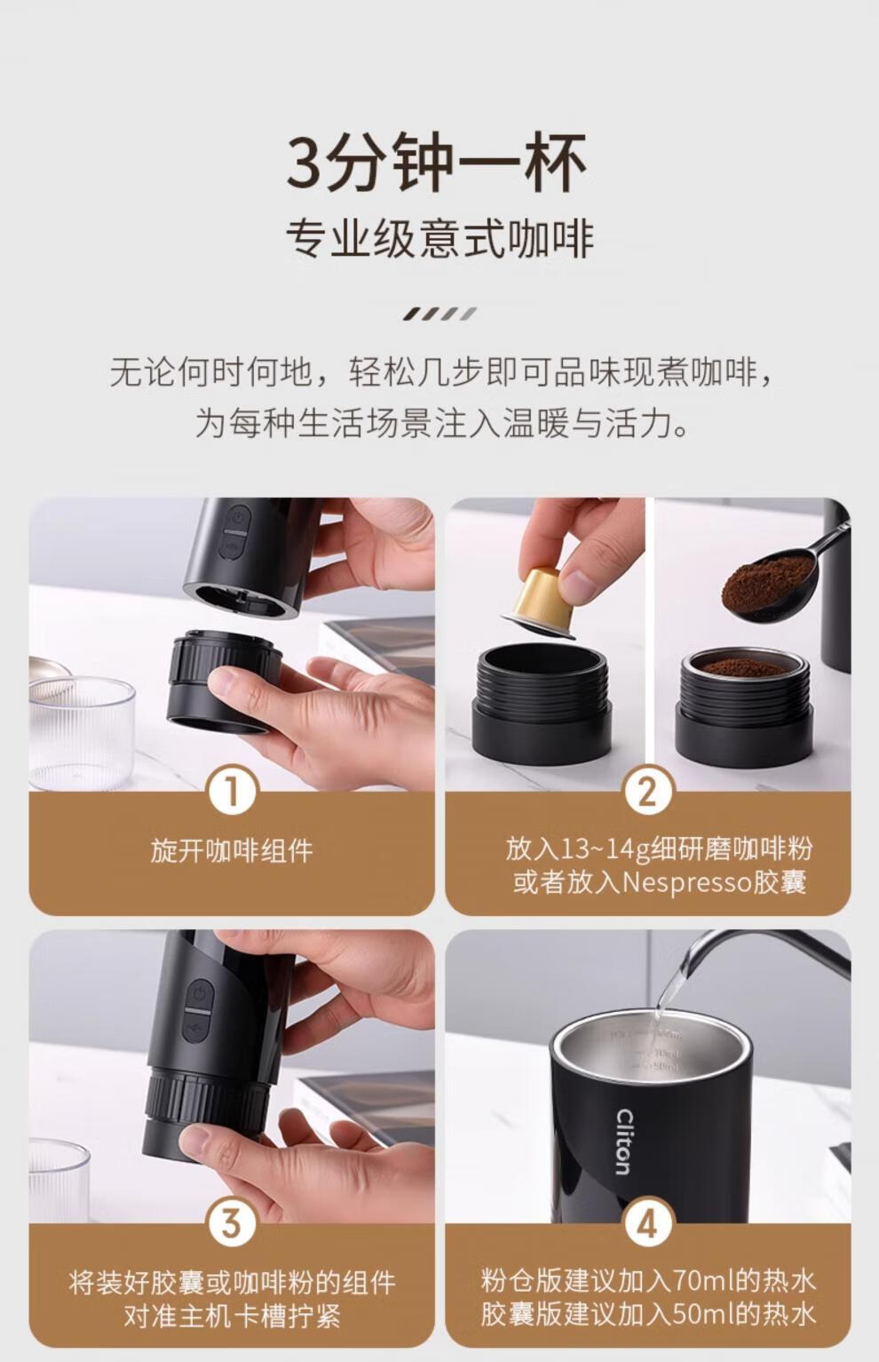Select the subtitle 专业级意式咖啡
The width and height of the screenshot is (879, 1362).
[439, 240]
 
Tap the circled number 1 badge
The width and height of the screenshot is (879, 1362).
[232, 791]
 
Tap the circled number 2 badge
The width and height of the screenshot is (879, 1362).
[647, 791]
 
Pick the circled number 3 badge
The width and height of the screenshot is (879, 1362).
[232, 1223]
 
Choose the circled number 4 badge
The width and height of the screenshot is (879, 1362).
[647, 1223]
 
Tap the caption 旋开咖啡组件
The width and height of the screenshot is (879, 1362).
[232, 850]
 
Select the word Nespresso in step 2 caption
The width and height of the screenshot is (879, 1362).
[687, 882]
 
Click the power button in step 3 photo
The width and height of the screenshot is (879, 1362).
[199, 994]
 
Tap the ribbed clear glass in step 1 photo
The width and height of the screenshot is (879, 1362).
[81, 733]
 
